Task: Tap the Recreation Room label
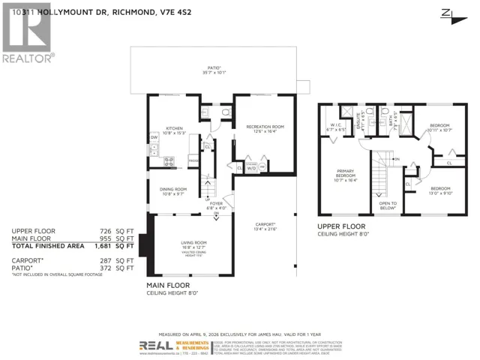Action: [265, 127]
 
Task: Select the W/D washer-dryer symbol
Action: [252, 168]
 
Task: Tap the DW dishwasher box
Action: [154, 137]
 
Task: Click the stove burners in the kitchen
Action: [169, 160]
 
